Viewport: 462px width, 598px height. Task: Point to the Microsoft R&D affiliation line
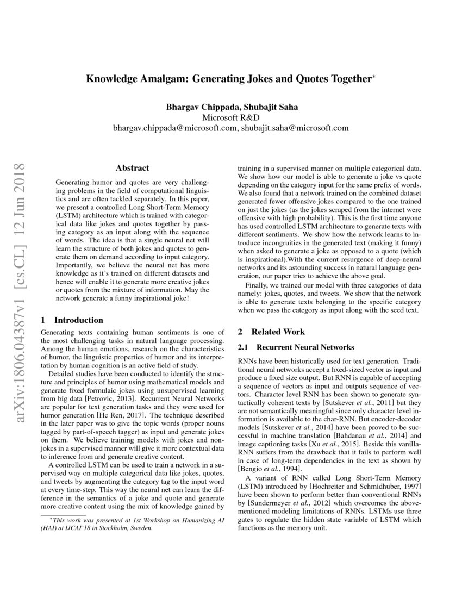[x=230, y=117]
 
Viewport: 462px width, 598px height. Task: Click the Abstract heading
[x=133, y=168]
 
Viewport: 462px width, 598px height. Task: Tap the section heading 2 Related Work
[x=271, y=332]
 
